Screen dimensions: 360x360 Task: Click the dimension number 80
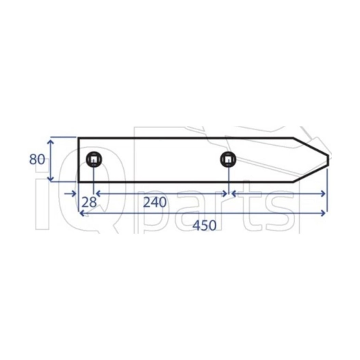point(37,159)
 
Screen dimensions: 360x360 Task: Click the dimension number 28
point(89,203)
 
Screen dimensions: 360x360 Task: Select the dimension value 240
point(155,203)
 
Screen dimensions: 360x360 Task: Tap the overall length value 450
point(205,225)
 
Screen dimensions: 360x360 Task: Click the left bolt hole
point(94,159)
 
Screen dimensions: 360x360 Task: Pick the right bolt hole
point(228,159)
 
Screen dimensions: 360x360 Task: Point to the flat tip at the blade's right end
point(328,160)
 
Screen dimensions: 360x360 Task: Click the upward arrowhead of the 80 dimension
point(51,142)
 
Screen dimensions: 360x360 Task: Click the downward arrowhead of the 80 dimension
point(51,178)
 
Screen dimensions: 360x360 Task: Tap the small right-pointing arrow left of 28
point(70,194)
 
